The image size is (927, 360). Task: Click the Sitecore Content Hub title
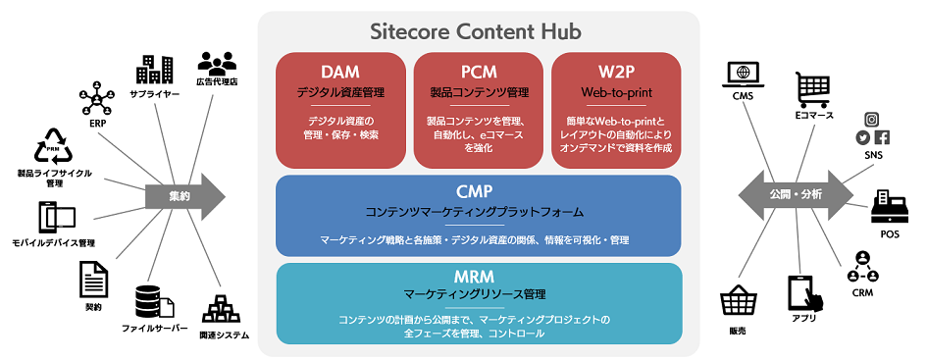click(476, 31)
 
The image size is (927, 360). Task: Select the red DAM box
click(340, 110)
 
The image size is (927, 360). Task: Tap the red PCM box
click(479, 110)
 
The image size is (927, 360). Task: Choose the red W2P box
click(616, 110)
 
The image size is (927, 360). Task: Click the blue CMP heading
click(479, 191)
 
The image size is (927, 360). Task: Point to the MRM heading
click(479, 276)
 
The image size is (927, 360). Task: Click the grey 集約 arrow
click(185, 197)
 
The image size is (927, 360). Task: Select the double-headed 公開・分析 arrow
click(796, 194)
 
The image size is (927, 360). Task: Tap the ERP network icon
click(96, 99)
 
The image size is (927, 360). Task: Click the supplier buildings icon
click(154, 70)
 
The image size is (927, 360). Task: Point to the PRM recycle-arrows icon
click(53, 146)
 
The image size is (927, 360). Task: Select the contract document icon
click(93, 280)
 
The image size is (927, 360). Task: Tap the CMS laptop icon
click(743, 75)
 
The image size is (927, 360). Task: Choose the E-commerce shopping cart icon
click(814, 90)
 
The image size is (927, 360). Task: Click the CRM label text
click(862, 292)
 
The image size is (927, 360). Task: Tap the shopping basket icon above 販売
click(738, 301)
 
